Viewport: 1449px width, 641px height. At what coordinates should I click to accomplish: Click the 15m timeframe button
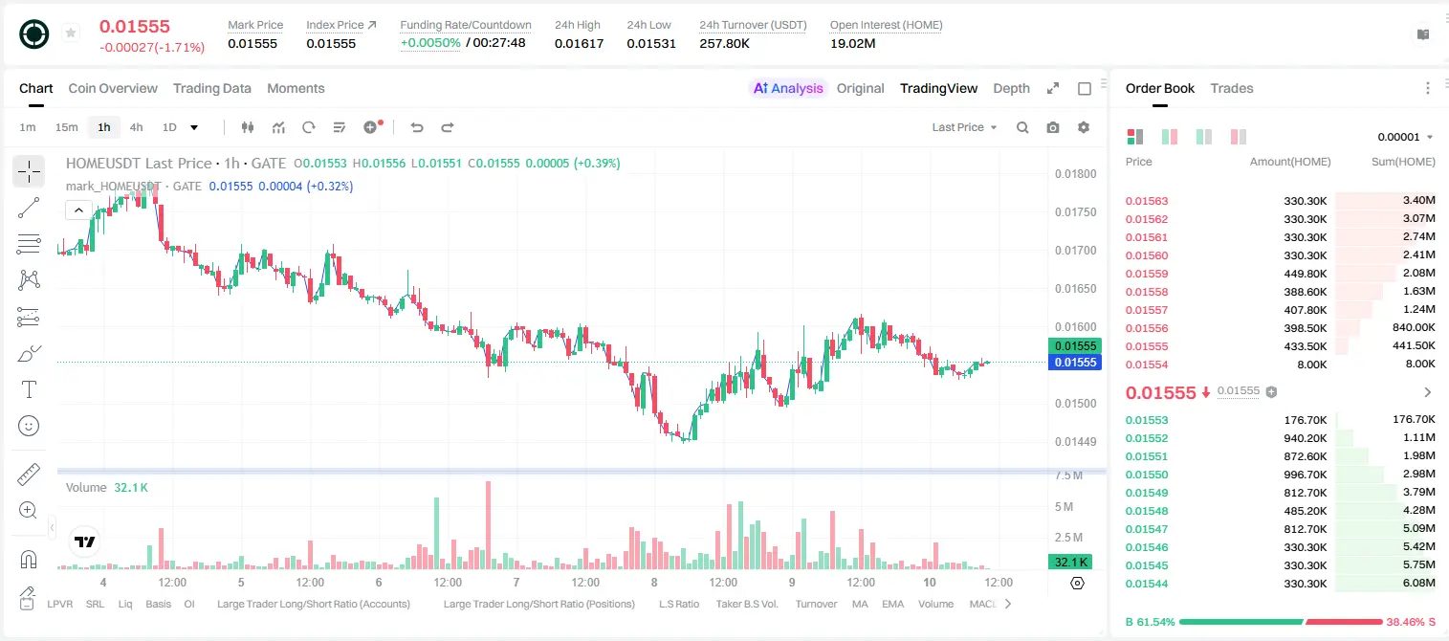[67, 127]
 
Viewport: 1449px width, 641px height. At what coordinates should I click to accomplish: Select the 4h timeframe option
[136, 127]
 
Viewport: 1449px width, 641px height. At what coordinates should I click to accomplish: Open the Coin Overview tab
[113, 88]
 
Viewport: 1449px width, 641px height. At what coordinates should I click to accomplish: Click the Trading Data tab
[211, 88]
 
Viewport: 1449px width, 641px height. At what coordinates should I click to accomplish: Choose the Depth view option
[1011, 89]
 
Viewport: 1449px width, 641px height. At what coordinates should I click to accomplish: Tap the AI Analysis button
[788, 88]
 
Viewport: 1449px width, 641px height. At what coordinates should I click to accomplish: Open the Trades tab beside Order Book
[1232, 88]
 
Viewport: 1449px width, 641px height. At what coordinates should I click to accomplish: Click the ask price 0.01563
[1146, 201]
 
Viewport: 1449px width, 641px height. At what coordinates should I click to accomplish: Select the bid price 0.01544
[1146, 584]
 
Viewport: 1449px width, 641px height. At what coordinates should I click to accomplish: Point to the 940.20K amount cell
[1305, 438]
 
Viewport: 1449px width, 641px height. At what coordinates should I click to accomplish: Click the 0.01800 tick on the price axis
[1075, 173]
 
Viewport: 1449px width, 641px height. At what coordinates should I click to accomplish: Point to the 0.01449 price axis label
[1075, 442]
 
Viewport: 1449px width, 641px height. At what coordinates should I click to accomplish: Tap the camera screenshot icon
[1053, 127]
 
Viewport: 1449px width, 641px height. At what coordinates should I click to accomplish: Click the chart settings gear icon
[1084, 127]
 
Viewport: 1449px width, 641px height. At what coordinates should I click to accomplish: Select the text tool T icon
[29, 389]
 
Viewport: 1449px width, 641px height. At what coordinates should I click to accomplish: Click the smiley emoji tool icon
[29, 426]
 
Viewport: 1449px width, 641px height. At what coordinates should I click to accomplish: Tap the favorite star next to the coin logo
[71, 33]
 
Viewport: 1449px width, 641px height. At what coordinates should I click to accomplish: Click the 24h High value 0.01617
[579, 43]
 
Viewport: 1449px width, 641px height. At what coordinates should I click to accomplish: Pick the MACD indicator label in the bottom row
[982, 604]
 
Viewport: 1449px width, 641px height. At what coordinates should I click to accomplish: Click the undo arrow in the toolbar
[417, 127]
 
